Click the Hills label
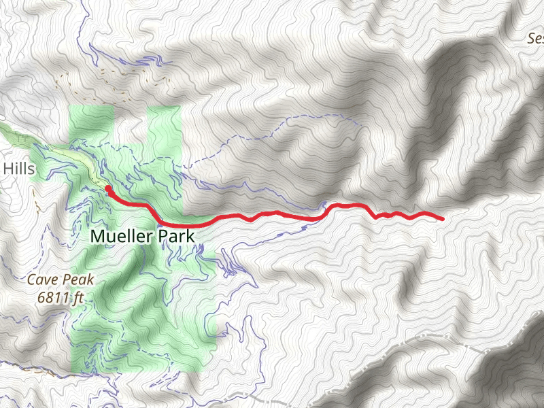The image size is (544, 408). (18, 168)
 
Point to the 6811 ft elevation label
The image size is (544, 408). (60, 296)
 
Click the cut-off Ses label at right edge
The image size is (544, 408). (536, 39)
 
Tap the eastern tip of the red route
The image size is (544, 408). (443, 219)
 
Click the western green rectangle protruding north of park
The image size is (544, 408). (91, 122)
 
